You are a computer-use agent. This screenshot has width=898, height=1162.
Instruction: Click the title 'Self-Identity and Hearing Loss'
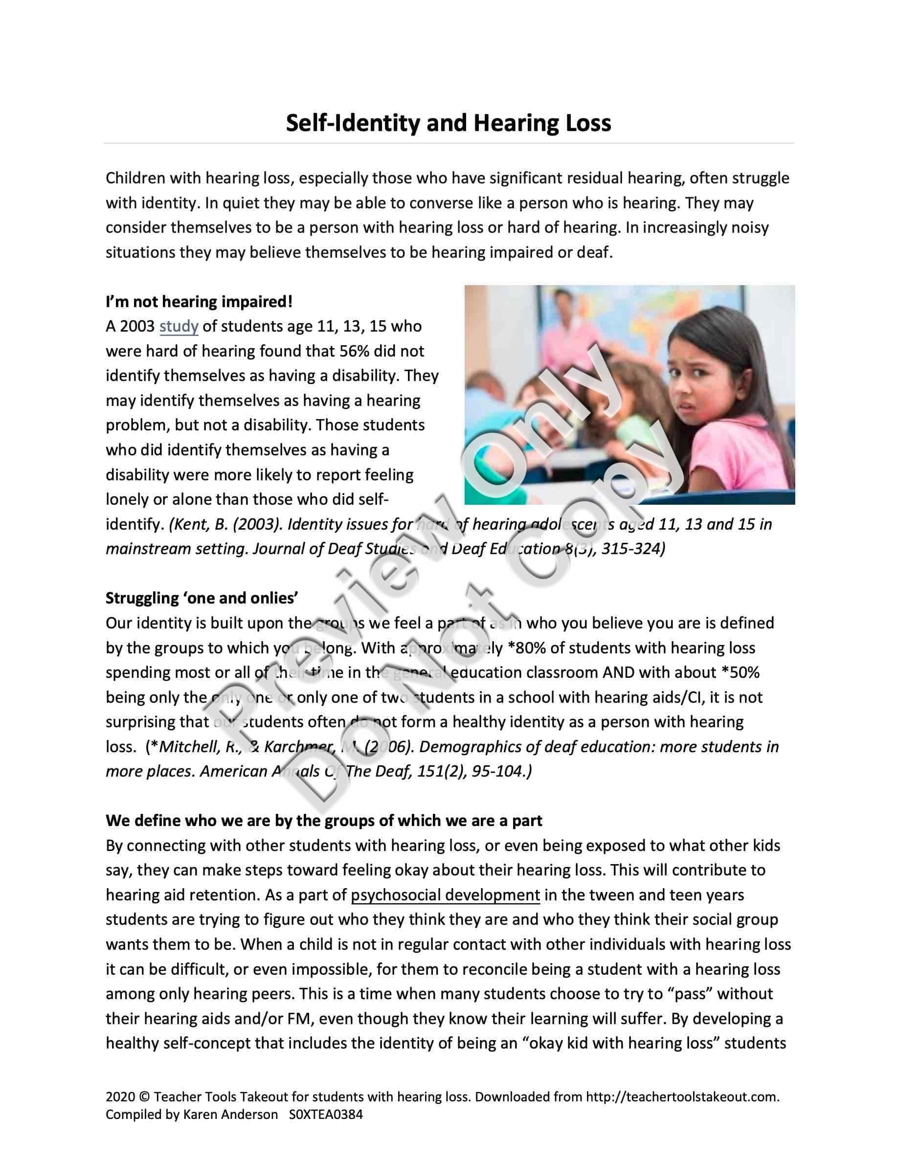point(449,123)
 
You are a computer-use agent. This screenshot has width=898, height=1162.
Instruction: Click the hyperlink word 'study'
point(179,326)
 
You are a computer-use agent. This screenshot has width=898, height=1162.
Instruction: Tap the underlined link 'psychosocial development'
point(445,895)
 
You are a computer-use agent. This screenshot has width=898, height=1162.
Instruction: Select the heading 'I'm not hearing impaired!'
point(199,302)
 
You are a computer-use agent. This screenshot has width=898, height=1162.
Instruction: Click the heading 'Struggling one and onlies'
point(202,598)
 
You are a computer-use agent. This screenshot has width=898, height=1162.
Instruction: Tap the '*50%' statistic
point(740,672)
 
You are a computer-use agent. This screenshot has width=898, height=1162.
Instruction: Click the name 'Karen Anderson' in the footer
point(230,1114)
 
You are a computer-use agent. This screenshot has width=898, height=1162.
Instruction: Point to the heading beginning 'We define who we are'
point(324,821)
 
